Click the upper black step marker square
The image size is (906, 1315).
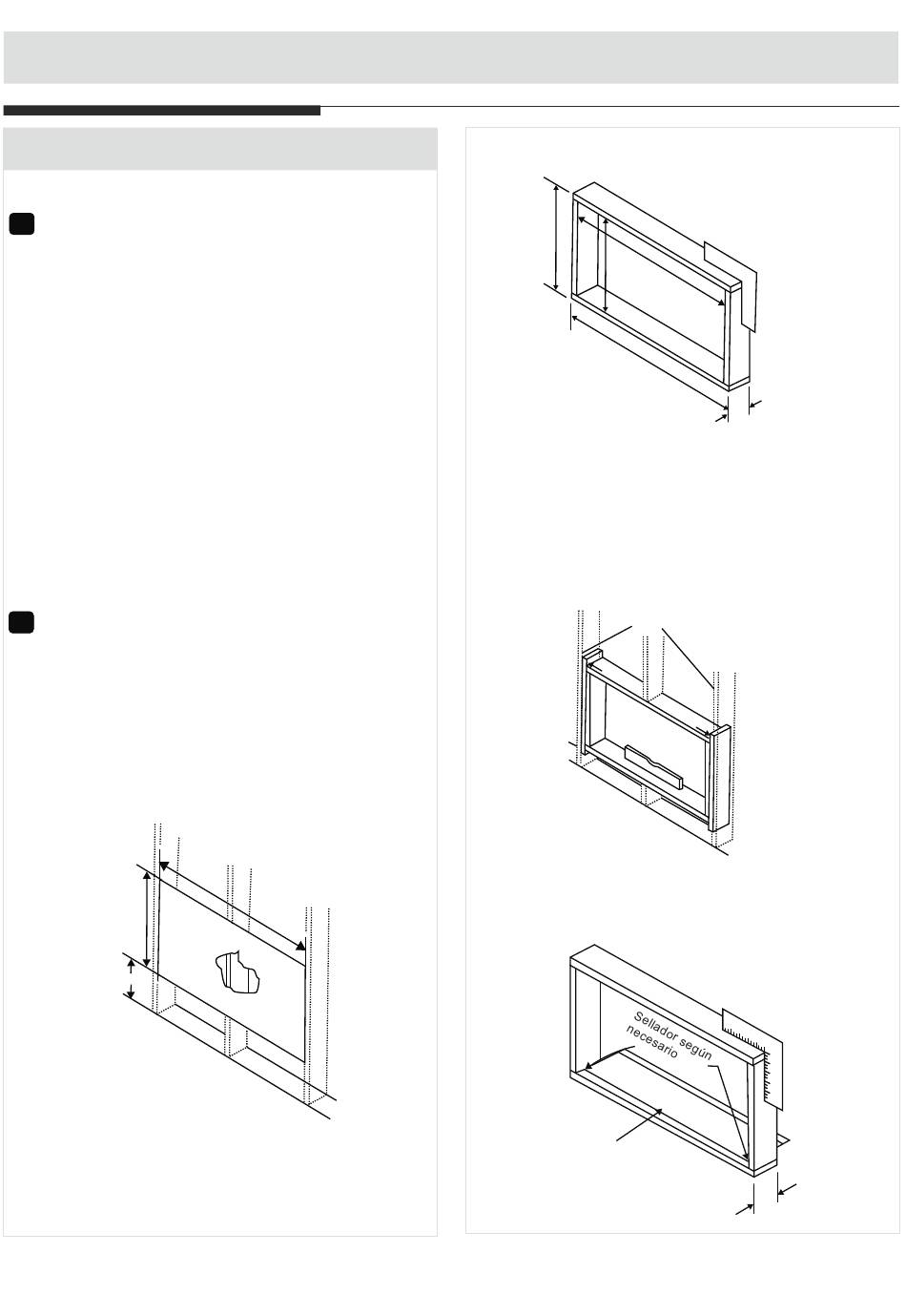click(x=22, y=223)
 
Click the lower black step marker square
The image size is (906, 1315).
click(x=21, y=622)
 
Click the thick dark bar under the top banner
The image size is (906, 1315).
click(x=162, y=111)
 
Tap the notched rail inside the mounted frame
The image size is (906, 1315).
click(x=653, y=766)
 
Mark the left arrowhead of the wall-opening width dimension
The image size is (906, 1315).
click(x=164, y=866)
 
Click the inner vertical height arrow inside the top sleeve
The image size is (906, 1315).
click(x=605, y=263)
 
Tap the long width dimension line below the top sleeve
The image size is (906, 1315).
click(x=649, y=361)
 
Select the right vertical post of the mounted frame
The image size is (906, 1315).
click(x=720, y=778)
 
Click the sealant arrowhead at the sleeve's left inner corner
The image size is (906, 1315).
click(x=588, y=1066)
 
